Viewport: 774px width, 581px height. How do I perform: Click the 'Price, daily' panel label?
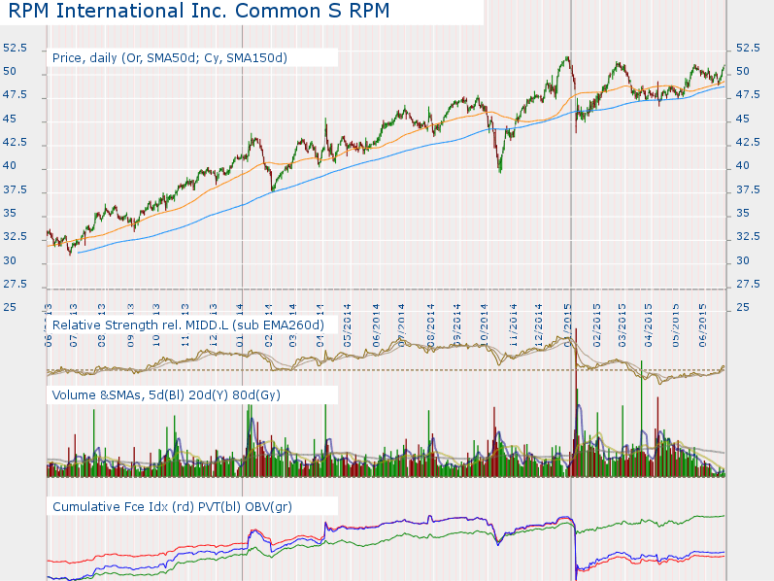click(x=170, y=57)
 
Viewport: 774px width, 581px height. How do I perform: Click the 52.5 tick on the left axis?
click(x=14, y=48)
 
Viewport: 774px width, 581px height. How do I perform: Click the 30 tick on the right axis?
click(x=743, y=260)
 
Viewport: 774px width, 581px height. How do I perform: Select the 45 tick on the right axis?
click(x=743, y=119)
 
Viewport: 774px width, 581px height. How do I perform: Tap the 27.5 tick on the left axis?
click(x=14, y=284)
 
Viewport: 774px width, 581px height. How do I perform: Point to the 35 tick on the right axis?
click(x=743, y=213)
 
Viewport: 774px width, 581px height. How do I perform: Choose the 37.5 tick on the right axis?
click(x=748, y=189)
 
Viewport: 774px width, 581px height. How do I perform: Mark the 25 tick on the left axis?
click(x=9, y=307)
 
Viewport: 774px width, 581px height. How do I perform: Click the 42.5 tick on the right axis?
click(x=748, y=142)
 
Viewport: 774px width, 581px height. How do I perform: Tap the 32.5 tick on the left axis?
click(x=14, y=236)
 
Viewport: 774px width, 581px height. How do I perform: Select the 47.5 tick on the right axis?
click(x=748, y=95)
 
